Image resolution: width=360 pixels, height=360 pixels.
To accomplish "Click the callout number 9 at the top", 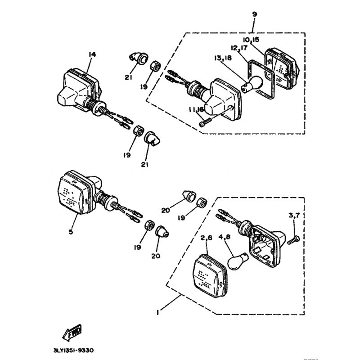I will tap(255, 14).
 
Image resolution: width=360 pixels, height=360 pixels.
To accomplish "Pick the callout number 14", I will tap(92, 54).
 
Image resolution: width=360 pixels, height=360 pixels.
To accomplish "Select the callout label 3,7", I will tap(293, 216).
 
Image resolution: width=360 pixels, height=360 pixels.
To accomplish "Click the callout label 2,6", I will tap(206, 237).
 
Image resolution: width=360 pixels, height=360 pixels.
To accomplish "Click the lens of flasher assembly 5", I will tap(75, 192).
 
